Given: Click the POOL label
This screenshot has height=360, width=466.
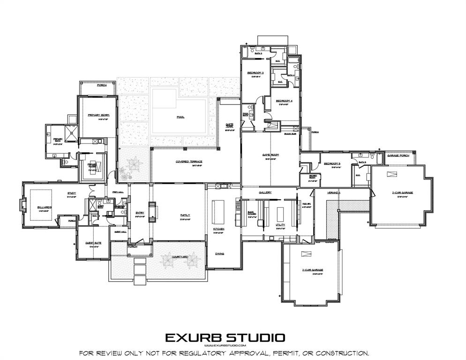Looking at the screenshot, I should (180, 117).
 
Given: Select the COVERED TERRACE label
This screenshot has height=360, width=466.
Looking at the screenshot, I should (189, 161).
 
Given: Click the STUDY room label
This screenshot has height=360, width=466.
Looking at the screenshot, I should (72, 193).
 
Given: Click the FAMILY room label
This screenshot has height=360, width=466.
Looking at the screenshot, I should (185, 215).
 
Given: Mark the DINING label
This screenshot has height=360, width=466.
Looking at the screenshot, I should (219, 254).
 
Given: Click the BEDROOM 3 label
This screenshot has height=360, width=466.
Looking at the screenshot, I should (256, 73).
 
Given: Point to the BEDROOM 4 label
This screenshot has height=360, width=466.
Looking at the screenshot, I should (284, 101).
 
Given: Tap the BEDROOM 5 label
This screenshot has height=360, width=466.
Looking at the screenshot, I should (332, 163).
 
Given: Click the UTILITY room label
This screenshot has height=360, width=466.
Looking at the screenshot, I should (280, 225).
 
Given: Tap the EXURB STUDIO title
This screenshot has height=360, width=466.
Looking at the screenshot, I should (225, 337).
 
